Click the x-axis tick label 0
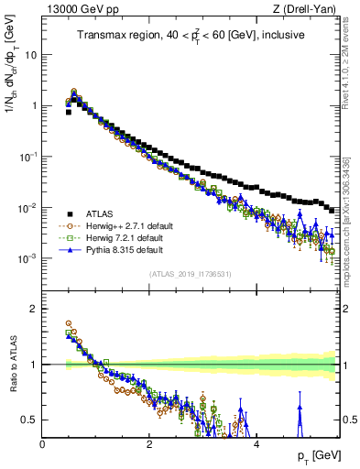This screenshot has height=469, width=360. pos(43,443)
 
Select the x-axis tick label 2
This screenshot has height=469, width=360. pos(149,443)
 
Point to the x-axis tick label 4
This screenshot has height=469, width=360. pos(256,443)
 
